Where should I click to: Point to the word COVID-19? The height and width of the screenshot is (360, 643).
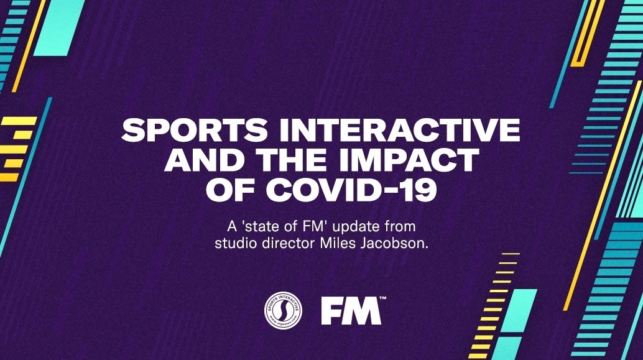pos(351,190)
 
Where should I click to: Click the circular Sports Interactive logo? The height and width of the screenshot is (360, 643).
pos(284,310)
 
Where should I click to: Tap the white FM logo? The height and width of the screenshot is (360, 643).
pos(351,311)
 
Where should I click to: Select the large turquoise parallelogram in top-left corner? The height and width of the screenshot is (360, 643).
pos(59,27)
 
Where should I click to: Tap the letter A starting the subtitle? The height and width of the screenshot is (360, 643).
pos(233,226)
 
